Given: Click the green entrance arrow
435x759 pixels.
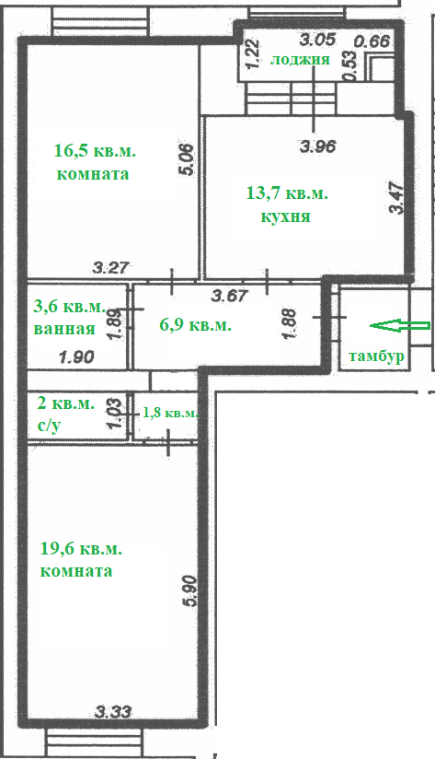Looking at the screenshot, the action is click(399, 326).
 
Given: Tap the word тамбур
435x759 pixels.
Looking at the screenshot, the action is click(376, 356).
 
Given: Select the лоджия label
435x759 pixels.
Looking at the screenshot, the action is click(300, 60).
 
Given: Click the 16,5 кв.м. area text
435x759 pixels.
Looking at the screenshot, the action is click(96, 150).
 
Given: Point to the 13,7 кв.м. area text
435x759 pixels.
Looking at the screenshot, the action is click(287, 194).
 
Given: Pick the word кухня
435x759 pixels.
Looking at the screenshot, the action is click(285, 216).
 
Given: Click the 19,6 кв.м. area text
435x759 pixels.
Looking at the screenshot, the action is click(81, 549).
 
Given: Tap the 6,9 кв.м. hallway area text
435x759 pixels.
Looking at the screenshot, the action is click(195, 325).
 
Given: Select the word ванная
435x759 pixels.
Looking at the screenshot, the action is click(64, 329).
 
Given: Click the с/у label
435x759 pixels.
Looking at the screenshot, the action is click(49, 425).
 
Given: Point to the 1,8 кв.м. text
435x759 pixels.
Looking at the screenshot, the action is click(171, 413).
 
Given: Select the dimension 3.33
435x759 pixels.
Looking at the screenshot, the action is click(113, 712).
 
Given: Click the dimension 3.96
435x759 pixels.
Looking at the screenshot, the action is click(317, 146).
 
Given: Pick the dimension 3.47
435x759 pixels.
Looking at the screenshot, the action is click(396, 197).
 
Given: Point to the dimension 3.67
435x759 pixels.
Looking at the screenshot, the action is click(230, 296).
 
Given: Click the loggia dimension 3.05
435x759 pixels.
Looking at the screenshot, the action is click(317, 40).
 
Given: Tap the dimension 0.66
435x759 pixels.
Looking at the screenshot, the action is click(372, 41).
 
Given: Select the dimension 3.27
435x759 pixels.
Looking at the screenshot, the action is click(111, 267).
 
